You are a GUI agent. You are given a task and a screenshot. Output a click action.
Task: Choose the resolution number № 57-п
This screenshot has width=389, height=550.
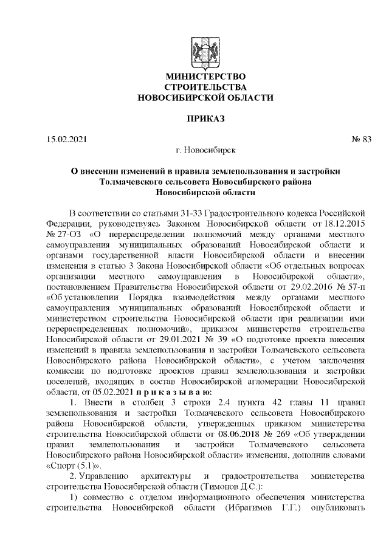coord(348,286)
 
